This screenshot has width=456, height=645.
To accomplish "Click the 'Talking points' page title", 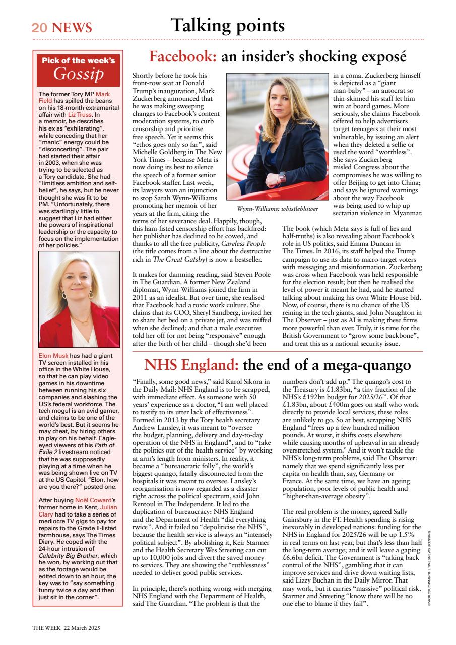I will (x=227, y=25).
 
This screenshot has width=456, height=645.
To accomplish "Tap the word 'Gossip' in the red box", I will (x=78, y=74).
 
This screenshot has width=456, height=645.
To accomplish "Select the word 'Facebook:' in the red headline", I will (x=183, y=56).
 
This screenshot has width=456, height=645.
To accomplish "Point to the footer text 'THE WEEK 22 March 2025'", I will (x=67, y=628).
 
